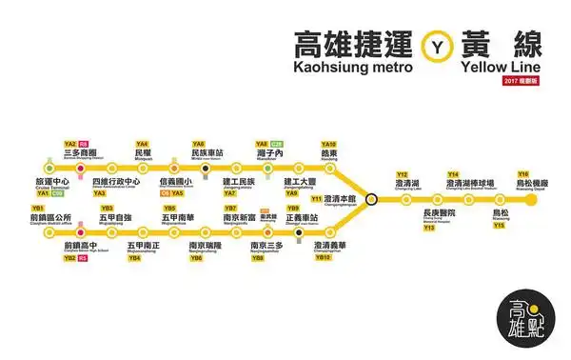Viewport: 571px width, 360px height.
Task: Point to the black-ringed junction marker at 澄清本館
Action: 371,199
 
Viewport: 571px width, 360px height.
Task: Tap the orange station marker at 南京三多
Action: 266,230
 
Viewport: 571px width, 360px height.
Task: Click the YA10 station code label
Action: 329,144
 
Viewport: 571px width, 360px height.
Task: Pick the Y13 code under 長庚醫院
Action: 429,229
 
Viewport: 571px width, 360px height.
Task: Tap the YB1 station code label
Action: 39,208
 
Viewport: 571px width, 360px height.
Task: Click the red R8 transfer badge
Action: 84,144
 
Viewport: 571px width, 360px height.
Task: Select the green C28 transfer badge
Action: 276,144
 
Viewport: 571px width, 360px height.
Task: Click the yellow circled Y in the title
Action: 438,46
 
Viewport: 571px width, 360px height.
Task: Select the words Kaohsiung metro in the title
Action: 352,69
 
